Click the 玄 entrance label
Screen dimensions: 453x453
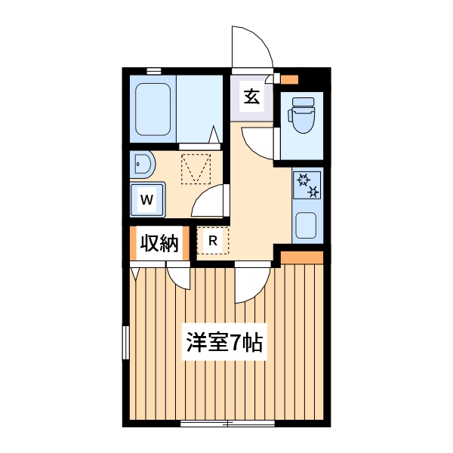coord(251,96)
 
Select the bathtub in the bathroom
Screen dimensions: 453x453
coord(154,108)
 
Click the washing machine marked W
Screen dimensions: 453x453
coord(148,200)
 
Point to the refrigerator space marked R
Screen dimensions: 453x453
coord(213,241)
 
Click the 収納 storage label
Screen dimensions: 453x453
coord(159,243)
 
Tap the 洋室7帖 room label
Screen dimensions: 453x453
coord(224,343)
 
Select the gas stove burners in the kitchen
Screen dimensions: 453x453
coord(307,184)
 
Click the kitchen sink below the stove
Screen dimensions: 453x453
coord(307,225)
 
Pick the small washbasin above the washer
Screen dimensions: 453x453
coord(142,163)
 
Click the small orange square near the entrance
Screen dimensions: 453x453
coord(291,79)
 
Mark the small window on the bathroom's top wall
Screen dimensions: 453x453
coord(154,71)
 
